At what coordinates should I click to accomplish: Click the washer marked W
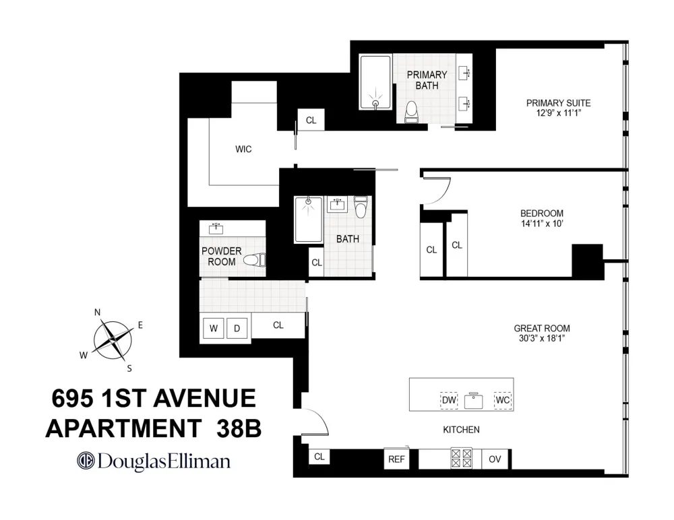[x=213, y=328]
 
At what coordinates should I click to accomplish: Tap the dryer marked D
[x=237, y=328]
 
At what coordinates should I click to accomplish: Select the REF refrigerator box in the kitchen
[x=396, y=459]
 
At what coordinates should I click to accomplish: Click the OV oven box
[x=495, y=459]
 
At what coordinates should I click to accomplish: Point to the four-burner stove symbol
[x=461, y=458]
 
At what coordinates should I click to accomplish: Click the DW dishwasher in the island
[x=449, y=400]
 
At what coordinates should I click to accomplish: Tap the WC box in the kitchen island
[x=503, y=400]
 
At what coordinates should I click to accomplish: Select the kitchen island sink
[x=473, y=401]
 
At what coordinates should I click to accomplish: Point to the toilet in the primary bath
[x=411, y=112]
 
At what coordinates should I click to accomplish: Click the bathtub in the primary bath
[x=375, y=82]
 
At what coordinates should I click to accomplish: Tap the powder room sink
[x=216, y=228]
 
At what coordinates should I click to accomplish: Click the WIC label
[x=243, y=149]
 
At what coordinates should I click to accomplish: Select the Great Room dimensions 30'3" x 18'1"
[x=542, y=338]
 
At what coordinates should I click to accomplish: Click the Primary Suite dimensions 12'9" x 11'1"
[x=558, y=113]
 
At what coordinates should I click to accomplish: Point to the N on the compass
[x=97, y=313]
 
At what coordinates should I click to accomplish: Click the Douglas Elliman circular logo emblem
[x=86, y=461]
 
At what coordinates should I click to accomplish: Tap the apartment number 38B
[x=239, y=428]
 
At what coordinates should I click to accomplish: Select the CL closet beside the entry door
[x=319, y=457]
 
